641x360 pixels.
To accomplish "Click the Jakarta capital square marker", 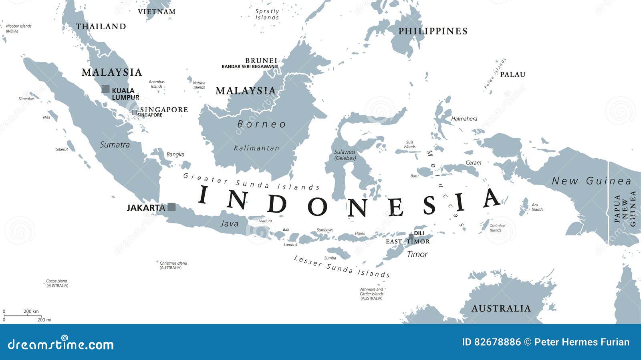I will pos(171,207).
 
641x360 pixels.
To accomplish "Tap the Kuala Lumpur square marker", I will pos(105,89).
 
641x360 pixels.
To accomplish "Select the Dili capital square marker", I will pos(411,236).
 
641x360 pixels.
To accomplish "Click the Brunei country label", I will pos(261,60).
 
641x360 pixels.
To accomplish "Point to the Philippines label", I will pos(433,31).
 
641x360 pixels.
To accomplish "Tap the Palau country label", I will pos(512,74).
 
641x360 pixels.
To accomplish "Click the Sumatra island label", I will pos(115,145).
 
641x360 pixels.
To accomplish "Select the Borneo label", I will pos(262,124).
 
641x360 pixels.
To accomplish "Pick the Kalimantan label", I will pos(256,148).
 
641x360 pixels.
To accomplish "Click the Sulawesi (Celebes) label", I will pos(345,155).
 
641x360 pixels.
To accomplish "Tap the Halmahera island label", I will pos(464,119).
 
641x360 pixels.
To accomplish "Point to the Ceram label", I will pos(473,163).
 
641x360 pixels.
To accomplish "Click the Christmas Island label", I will pos(173,265).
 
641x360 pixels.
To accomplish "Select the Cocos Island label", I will pos(57,283).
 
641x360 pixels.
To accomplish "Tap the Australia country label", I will pos(501,308).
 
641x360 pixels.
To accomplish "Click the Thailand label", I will pos(101,26).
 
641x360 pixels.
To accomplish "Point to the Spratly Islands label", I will pos(267,14).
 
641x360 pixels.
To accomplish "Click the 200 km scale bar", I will pos(22,316).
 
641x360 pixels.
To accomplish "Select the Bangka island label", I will pos(175,154).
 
